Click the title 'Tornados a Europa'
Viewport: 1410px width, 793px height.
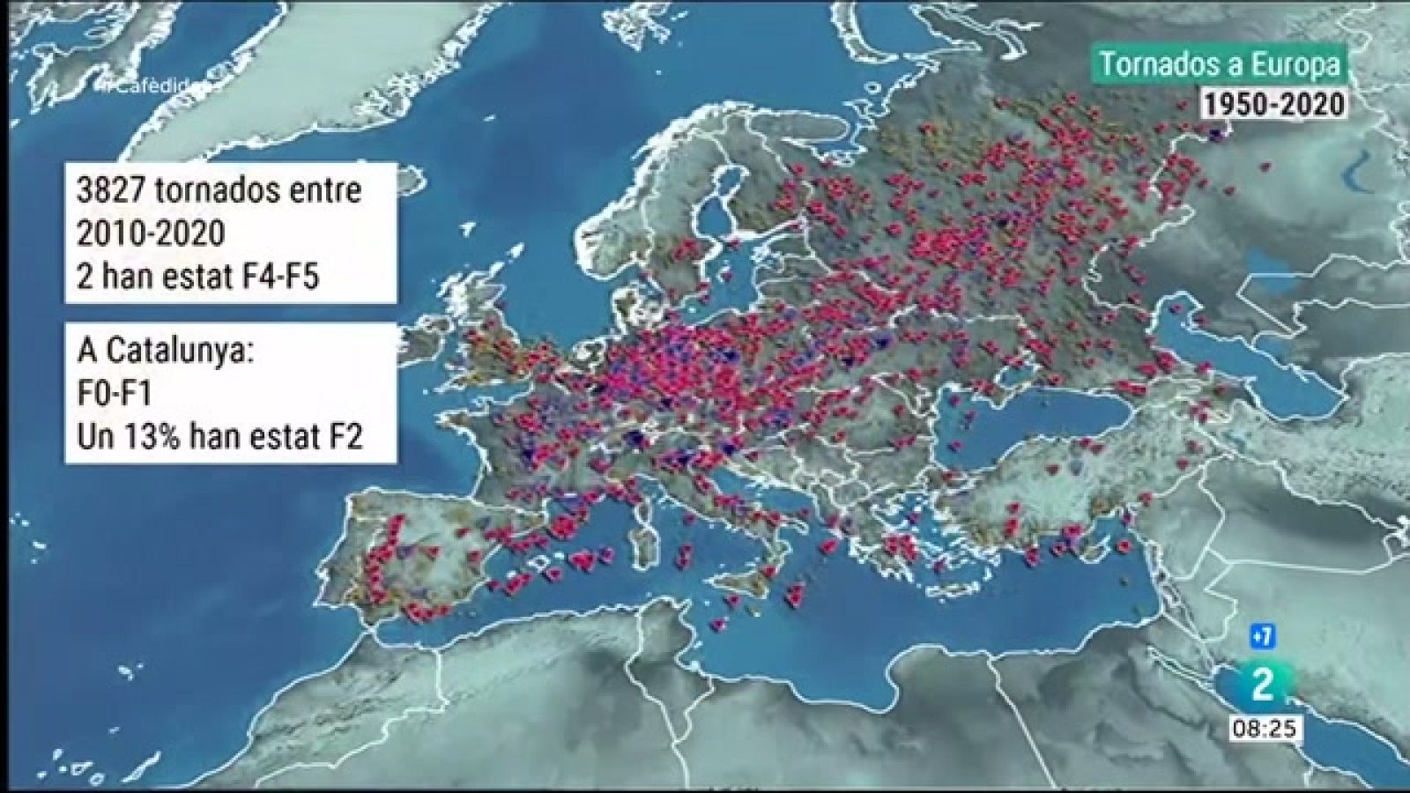click(x=1220, y=63)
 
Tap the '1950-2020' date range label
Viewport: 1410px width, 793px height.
click(x=1274, y=104)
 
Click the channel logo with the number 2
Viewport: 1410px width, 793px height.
click(x=1262, y=685)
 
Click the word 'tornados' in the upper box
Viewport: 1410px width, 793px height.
click(x=238, y=190)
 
